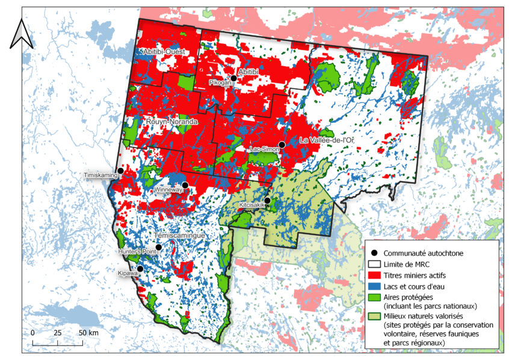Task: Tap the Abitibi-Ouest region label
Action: click(x=166, y=53)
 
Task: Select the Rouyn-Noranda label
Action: click(x=171, y=122)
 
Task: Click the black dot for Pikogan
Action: click(x=233, y=78)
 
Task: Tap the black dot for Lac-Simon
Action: click(x=282, y=144)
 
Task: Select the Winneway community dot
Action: click(x=185, y=185)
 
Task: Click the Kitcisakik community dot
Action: click(x=267, y=200)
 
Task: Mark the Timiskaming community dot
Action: click(x=120, y=171)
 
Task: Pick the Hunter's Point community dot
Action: click(x=158, y=247)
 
